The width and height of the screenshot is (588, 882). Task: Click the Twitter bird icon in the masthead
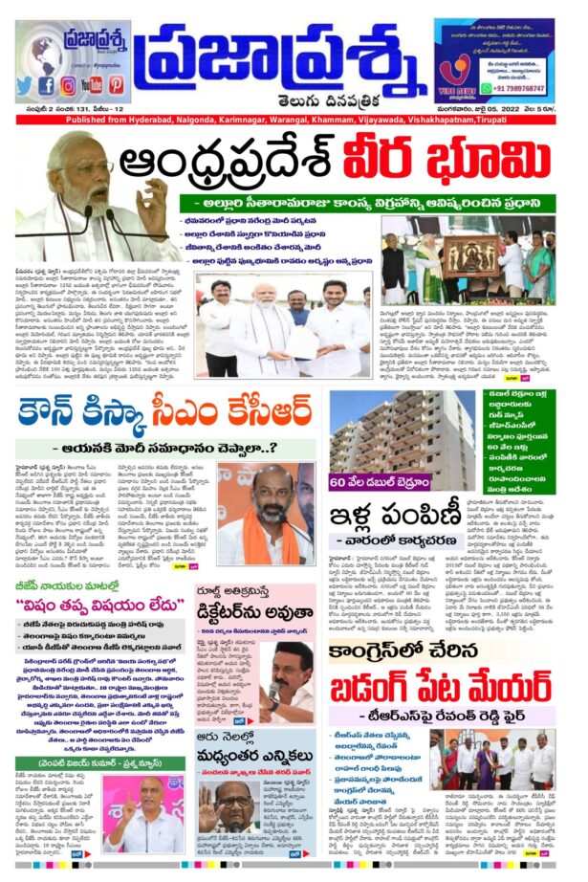pos(24,84)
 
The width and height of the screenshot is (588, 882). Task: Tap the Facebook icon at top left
pos(47,84)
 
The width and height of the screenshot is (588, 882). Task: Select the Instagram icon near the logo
pos(69,84)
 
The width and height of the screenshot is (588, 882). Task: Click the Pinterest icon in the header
pos(117,84)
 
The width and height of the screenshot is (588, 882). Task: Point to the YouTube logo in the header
pos(93,84)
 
